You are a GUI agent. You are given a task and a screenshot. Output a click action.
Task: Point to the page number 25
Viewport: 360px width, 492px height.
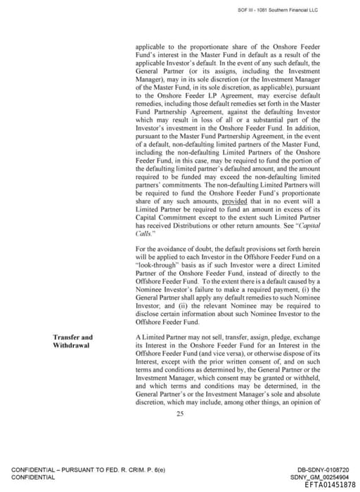coord(180,414)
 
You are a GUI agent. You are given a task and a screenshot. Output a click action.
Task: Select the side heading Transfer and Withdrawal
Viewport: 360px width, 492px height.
coord(72,341)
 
